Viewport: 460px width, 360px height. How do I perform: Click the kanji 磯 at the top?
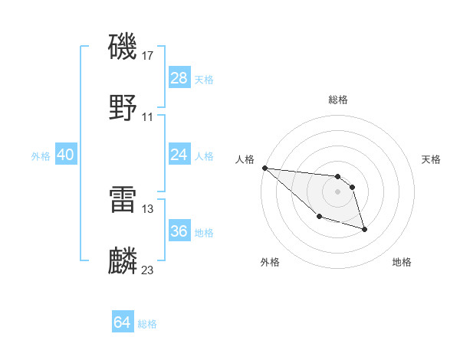point(123,47)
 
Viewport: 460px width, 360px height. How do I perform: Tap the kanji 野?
point(123,108)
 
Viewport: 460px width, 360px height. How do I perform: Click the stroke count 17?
point(148,55)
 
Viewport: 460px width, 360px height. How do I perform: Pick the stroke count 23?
point(148,270)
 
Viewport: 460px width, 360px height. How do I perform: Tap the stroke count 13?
point(148,208)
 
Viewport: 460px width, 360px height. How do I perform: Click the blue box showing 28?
point(179,77)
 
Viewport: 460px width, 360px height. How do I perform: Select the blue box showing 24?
point(179,155)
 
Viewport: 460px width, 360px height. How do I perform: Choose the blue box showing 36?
point(179,231)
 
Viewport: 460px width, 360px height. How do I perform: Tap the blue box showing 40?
point(65,155)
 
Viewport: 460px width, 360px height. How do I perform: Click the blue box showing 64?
point(123,323)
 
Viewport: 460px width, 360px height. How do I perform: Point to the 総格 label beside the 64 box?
point(147,324)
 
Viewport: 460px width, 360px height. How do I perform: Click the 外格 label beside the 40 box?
point(41,155)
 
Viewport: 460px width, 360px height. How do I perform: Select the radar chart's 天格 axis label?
point(432,159)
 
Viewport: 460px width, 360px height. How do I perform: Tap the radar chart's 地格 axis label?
point(402,262)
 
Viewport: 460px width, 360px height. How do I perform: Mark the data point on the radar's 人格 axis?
point(264,168)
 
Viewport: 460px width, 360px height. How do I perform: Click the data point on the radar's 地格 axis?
point(364,229)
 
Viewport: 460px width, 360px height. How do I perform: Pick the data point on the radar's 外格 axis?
point(319,217)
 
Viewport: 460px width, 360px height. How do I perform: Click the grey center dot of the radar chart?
point(337,191)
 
